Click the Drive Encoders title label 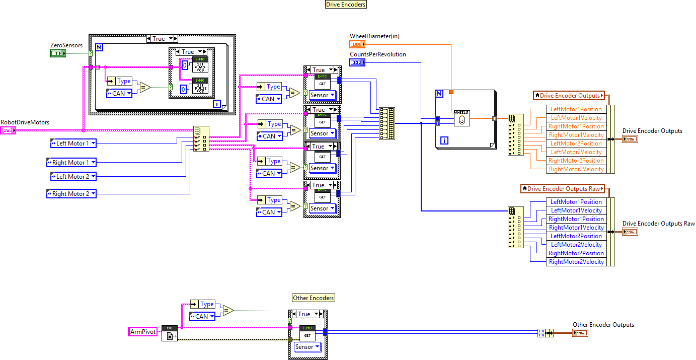point(346,4)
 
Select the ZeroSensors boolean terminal point(58,53)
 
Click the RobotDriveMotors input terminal point(8,130)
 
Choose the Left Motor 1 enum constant point(73,143)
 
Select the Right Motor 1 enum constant point(71,163)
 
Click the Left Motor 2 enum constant point(73,177)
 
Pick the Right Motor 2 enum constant point(71,194)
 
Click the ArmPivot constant point(143,332)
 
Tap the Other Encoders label point(314,298)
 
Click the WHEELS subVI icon point(461,118)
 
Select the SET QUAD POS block point(200,65)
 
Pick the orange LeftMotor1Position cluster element point(576,109)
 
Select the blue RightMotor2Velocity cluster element point(576,262)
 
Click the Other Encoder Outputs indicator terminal point(580,333)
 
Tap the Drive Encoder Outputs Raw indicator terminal point(630,232)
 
